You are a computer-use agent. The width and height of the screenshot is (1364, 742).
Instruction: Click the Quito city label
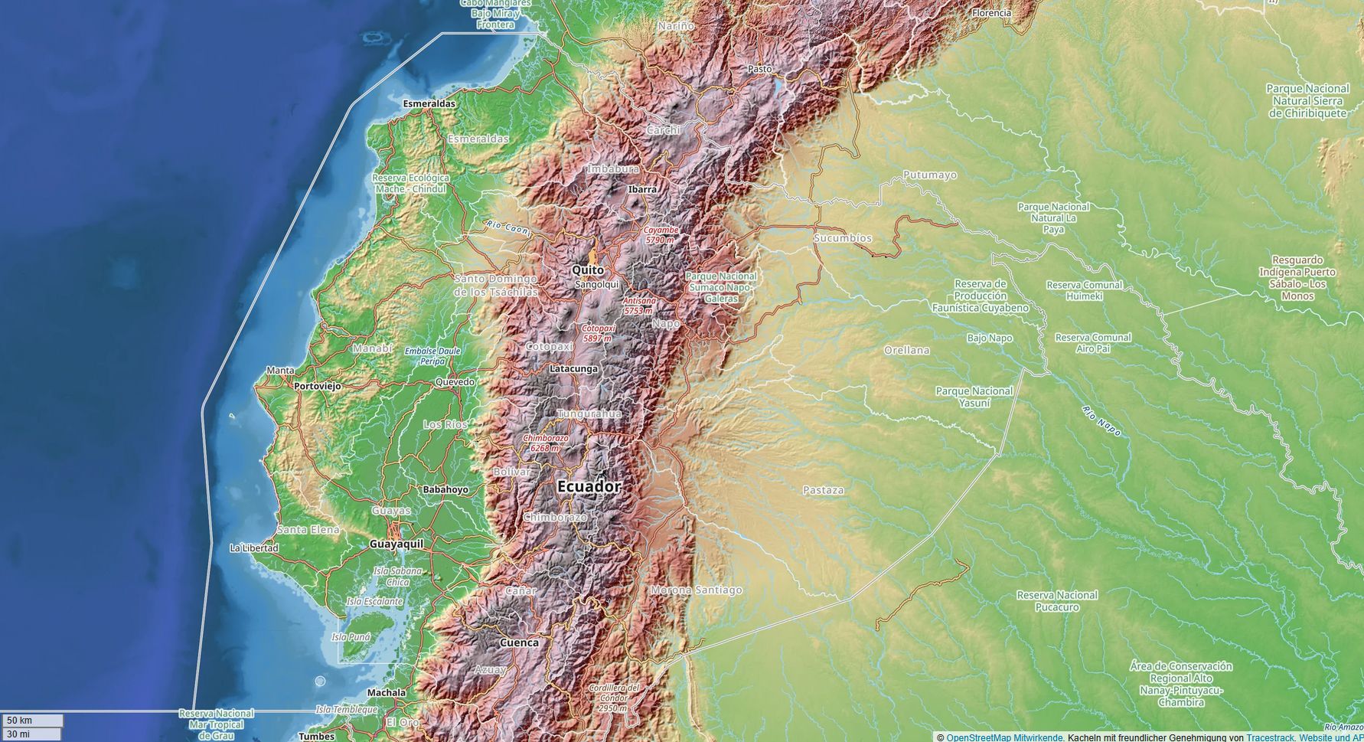coord(588,270)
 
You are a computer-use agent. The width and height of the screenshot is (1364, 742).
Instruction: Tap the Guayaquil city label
coord(396,544)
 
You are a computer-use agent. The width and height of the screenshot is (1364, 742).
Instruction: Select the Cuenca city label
coord(519,642)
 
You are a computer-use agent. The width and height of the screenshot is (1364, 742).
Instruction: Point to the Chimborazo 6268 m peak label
coord(546,443)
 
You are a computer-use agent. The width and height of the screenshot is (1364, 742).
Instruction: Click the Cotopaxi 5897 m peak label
coord(598,333)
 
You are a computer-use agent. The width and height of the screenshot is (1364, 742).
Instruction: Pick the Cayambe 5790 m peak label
coord(661,234)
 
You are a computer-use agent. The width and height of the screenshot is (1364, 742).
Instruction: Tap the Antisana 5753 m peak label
coord(638,306)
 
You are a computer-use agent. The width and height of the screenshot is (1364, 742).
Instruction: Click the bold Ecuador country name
coord(589,486)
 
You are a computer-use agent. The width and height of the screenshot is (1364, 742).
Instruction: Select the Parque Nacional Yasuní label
coord(974,397)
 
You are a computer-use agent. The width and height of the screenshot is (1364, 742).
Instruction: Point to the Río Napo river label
coord(1101,421)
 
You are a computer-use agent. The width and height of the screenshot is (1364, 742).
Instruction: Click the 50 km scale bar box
coord(33,721)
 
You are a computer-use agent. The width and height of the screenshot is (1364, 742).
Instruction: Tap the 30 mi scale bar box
coord(33,734)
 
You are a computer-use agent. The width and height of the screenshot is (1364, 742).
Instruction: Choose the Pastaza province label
coord(824,490)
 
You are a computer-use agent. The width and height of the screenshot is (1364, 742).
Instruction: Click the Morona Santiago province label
coord(696,590)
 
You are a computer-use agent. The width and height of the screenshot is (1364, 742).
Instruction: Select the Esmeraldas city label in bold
coord(429,103)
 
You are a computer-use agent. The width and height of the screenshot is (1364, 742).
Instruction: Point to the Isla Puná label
coord(351,637)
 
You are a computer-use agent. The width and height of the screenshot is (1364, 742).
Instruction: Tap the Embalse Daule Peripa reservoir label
coord(432,356)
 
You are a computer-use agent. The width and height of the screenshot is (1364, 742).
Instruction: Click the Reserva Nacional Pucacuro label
coord(1057,601)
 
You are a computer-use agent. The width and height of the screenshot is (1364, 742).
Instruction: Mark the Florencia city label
coord(991,13)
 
